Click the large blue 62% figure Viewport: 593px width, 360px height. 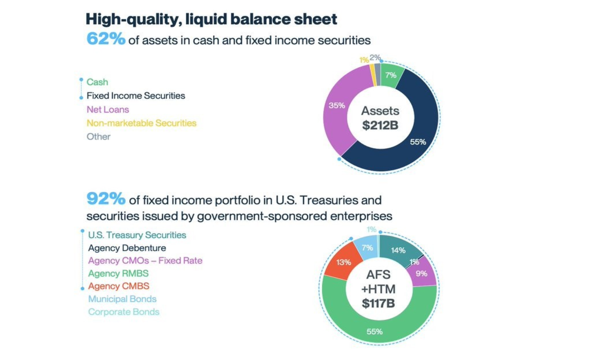pos(106,39)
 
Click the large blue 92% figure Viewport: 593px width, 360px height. pos(106,199)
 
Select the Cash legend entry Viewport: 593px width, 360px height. pos(97,82)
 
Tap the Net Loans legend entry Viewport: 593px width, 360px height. pos(108,109)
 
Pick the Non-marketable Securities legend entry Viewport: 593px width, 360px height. pos(141,123)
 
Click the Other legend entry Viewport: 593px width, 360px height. pos(98,136)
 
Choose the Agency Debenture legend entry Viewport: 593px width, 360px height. pos(127,248)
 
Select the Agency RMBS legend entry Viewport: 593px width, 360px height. pos(118,273)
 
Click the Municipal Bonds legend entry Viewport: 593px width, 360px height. pos(122,299)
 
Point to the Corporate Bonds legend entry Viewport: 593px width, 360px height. pos(123,312)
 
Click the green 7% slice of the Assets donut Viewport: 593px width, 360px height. pos(391,75)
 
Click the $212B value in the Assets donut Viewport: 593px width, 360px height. pos(380,125)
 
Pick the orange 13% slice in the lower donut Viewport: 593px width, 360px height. pos(343,262)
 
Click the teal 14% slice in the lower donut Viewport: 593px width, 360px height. pos(398,250)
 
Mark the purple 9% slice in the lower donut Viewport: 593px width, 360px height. pos(421,273)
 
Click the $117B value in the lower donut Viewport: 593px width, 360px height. pos(378,303)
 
